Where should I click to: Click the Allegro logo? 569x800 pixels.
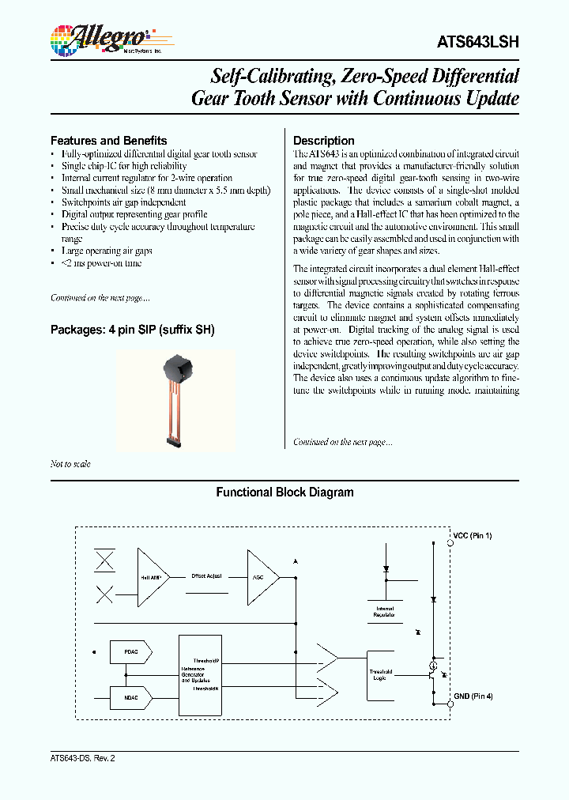100,39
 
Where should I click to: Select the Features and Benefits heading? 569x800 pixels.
108,141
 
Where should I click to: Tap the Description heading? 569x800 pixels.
323,141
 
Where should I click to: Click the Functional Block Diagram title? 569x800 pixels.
284,492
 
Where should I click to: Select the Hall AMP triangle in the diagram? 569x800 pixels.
152,577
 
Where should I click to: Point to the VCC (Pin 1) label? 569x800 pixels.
473,537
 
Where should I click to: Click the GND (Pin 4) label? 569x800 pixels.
473,696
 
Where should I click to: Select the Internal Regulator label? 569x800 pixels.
386,611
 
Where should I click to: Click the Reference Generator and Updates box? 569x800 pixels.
200,675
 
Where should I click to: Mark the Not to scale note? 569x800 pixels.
70,464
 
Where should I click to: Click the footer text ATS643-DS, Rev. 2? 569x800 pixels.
77,757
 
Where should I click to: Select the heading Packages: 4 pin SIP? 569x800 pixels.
132,330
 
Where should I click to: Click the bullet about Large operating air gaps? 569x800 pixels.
107,251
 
